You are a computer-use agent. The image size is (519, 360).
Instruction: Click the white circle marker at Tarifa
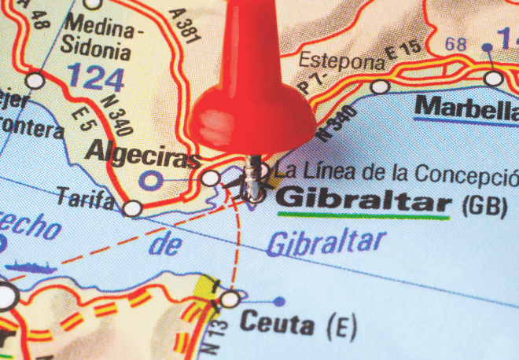point(132,208)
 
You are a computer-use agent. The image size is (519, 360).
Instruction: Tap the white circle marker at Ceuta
point(230,299)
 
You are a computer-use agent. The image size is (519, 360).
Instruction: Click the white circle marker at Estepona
point(381,86)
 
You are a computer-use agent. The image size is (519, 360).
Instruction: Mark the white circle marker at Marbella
point(493,79)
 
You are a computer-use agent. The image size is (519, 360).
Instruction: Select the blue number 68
point(456,45)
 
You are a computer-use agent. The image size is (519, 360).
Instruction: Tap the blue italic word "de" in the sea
point(165,245)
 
